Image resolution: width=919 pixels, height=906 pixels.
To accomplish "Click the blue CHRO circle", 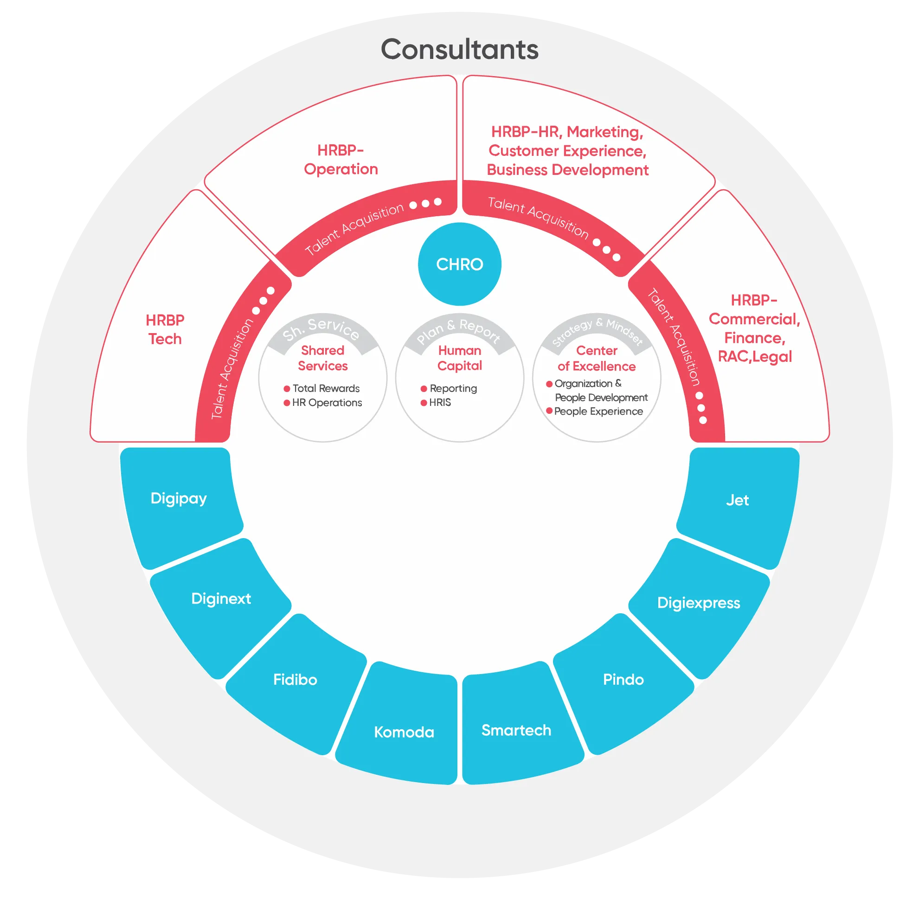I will pyautogui.click(x=459, y=264).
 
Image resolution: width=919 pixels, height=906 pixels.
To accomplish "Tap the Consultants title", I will pyautogui.click(x=459, y=50).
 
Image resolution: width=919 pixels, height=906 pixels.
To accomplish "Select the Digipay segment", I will pyautogui.click(x=179, y=498).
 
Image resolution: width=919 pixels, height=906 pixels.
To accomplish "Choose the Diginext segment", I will pyautogui.click(x=221, y=598).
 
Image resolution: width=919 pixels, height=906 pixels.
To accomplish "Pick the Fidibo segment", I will pyautogui.click(x=295, y=679).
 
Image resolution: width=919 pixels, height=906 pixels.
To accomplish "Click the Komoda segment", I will pyautogui.click(x=404, y=732).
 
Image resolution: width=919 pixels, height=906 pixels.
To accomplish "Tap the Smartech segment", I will pyautogui.click(x=516, y=730).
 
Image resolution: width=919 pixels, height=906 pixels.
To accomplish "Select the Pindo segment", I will pyautogui.click(x=623, y=679).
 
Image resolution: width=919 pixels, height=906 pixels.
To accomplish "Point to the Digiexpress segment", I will pyautogui.click(x=698, y=603).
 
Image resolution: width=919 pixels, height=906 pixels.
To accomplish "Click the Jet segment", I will pyautogui.click(x=737, y=500).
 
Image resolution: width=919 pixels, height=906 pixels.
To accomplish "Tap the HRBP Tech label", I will pyautogui.click(x=165, y=329).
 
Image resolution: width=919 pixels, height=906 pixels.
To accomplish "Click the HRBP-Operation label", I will pyautogui.click(x=341, y=160).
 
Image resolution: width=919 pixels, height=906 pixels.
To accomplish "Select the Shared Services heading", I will pyautogui.click(x=322, y=358).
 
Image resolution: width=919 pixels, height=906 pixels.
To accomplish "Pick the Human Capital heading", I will pyautogui.click(x=459, y=358).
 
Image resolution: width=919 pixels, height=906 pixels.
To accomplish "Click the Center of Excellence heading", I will pyautogui.click(x=597, y=358).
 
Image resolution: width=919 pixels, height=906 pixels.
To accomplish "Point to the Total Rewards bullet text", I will pyautogui.click(x=326, y=388).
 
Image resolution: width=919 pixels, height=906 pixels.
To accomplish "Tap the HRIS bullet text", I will pyautogui.click(x=440, y=402).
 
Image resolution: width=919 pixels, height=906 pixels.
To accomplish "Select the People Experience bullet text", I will pyautogui.click(x=598, y=411).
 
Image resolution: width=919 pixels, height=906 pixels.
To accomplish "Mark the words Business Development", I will pyautogui.click(x=567, y=170).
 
